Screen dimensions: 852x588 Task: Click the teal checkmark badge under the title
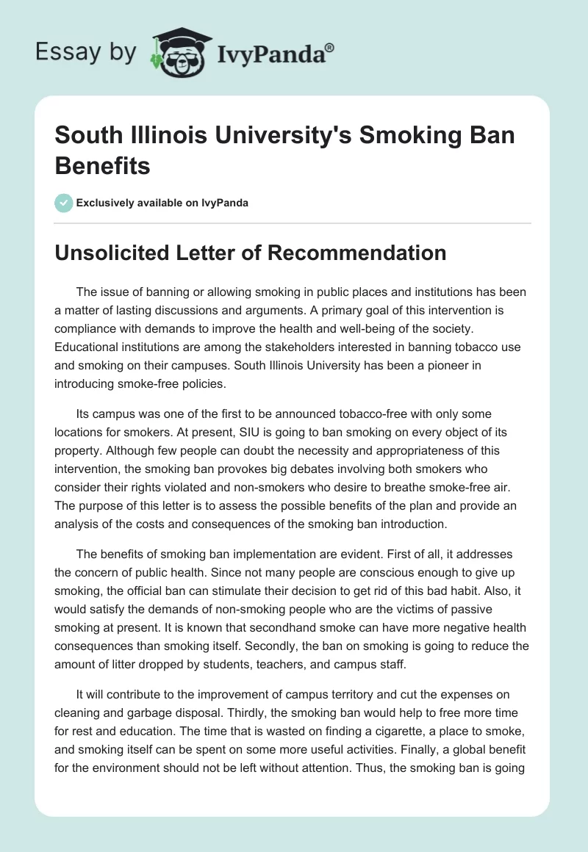pyautogui.click(x=63, y=203)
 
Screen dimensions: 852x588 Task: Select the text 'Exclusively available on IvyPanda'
pyautogui.click(x=162, y=203)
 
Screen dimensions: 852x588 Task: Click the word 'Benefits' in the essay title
pyautogui.click(x=103, y=165)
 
